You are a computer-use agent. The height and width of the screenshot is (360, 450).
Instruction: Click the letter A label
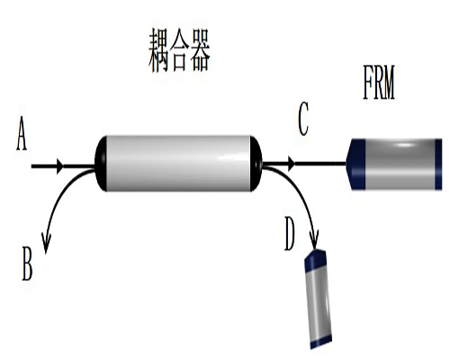[22, 133]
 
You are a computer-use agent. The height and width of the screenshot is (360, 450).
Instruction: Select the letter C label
[303, 119]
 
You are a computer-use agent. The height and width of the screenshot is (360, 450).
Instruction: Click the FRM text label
[379, 83]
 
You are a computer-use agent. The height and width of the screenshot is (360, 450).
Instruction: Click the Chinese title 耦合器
[179, 50]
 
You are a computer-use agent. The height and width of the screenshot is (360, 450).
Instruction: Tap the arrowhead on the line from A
[60, 166]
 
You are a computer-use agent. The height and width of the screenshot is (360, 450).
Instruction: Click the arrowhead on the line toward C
[292, 164]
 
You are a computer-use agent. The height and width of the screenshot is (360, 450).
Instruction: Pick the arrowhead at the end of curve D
[314, 239]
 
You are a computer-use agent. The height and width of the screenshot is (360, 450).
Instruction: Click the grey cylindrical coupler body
[178, 164]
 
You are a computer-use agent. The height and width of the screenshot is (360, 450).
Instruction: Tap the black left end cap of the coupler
[101, 164]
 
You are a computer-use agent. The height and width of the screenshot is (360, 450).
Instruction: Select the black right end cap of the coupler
[256, 164]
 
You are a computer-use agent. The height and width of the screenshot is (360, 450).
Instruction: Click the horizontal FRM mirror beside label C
[394, 164]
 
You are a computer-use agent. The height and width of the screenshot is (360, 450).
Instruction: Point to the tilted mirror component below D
[318, 299]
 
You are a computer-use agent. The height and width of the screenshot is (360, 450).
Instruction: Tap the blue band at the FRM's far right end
[438, 164]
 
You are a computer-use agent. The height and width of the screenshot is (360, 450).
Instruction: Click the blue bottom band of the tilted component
[321, 341]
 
